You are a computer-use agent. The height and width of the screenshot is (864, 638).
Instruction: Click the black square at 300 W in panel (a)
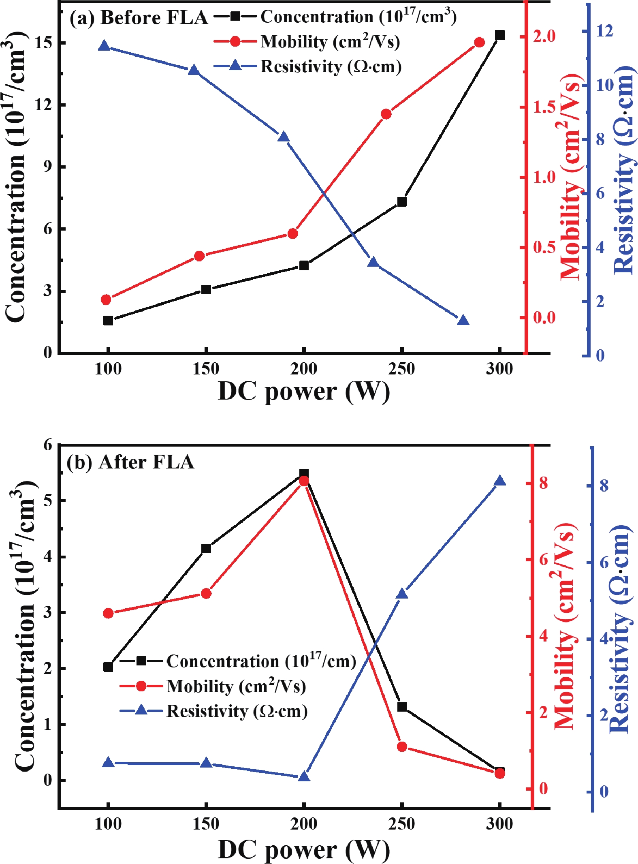click(499, 35)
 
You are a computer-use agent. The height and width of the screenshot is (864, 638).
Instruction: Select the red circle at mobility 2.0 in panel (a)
click(480, 43)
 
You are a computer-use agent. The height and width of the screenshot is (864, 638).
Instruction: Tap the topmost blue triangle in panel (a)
click(105, 46)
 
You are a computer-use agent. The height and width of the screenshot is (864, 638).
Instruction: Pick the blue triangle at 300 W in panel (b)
click(499, 481)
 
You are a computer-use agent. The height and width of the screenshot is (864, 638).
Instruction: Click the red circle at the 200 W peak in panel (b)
click(304, 481)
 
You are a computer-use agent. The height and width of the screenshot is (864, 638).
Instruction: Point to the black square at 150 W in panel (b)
click(206, 548)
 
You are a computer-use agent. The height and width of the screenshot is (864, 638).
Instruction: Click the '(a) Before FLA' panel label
click(139, 18)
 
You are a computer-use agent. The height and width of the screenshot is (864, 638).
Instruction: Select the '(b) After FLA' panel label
click(130, 462)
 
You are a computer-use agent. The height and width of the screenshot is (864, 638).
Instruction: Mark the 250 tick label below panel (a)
click(401, 369)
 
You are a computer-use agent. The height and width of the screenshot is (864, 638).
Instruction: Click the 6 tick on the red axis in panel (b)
click(543, 560)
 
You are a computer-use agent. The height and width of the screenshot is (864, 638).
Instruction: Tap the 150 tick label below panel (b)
click(206, 824)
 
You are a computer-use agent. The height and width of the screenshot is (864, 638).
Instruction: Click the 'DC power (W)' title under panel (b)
click(304, 849)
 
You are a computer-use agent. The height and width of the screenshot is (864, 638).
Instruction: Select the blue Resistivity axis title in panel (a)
click(624, 170)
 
